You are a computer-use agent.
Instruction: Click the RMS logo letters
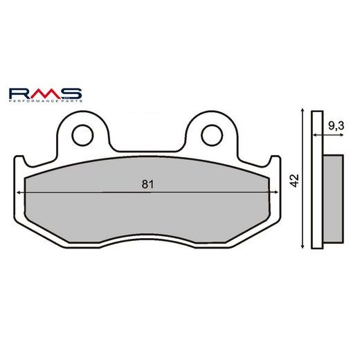(46, 93)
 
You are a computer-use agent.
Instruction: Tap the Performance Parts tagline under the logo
(46, 102)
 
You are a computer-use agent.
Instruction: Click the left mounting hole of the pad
(84, 134)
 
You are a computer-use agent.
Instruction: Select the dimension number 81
(146, 184)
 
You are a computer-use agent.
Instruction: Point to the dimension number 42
(295, 181)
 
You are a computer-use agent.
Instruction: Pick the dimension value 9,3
(336, 126)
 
